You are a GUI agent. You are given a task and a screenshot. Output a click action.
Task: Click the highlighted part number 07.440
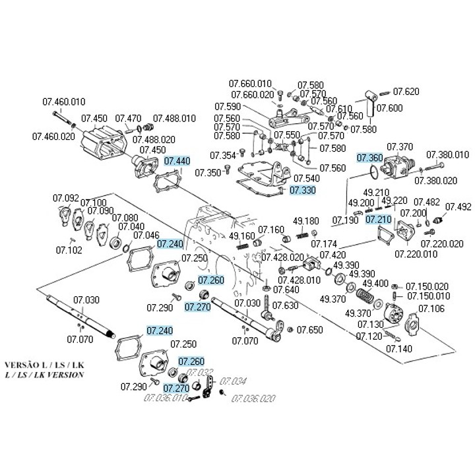click(177, 161)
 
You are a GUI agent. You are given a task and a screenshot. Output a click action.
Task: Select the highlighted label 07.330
click(303, 190)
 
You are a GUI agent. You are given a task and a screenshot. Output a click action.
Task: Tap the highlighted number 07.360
click(370, 158)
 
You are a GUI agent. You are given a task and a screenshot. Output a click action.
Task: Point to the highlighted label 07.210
click(379, 218)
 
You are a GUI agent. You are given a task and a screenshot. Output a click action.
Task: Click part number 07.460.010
click(64, 102)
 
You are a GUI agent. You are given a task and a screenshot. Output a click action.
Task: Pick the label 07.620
click(406, 91)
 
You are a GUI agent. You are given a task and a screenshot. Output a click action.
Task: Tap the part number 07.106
click(431, 309)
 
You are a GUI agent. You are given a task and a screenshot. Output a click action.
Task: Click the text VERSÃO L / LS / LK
click(44, 365)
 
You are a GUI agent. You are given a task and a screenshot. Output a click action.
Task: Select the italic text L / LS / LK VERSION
click(44, 374)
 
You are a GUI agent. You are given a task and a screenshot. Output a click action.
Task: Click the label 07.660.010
click(250, 84)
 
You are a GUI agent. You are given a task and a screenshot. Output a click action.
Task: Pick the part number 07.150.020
click(427, 286)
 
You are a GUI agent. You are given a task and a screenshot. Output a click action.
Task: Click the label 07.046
click(146, 235)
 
